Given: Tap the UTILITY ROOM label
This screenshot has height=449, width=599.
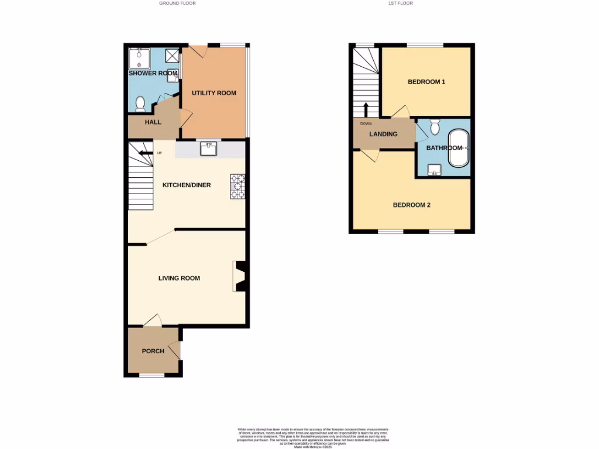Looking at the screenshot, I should pyautogui.click(x=214, y=93).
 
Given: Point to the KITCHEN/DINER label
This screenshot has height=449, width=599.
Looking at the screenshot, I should pyautogui.click(x=187, y=185).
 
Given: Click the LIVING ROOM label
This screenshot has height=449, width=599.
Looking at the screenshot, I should pyautogui.click(x=179, y=278).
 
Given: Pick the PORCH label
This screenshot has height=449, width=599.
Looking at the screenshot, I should pyautogui.click(x=153, y=351).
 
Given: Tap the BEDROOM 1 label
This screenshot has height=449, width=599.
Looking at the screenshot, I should pyautogui.click(x=426, y=82).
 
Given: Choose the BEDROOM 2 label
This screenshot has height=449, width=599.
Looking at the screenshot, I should pyautogui.click(x=411, y=205).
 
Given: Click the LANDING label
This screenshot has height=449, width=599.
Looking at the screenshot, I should pyautogui.click(x=383, y=134).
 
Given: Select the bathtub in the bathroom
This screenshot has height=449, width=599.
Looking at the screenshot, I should pyautogui.click(x=457, y=148).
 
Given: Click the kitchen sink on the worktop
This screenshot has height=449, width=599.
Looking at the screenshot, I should pyautogui.click(x=209, y=149).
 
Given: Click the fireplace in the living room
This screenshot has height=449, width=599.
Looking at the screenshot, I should pyautogui.click(x=240, y=276).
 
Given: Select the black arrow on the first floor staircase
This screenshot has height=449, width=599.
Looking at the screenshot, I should pyautogui.click(x=366, y=109).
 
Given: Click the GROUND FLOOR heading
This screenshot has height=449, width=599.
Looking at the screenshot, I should pyautogui.click(x=177, y=3).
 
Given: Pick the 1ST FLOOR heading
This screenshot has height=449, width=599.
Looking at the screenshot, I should pyautogui.click(x=400, y=3).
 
